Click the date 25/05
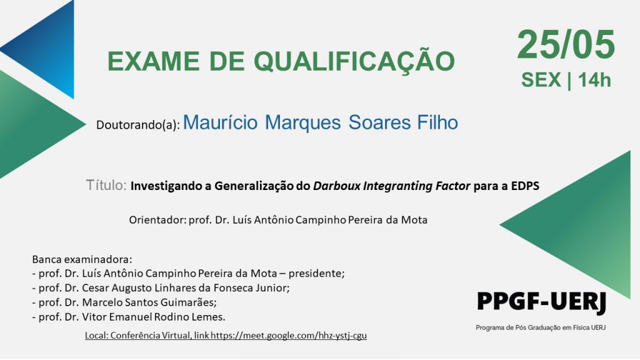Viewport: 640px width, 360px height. pos(566,44)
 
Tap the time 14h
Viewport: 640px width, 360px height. pos(594,79)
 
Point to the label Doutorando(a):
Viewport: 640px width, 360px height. pos(138,125)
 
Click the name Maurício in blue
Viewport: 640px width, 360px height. pos(221,122)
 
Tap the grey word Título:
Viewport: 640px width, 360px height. pos(106,185)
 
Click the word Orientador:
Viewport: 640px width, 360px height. pos(157,220)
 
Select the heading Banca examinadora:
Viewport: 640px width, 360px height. pos(82,259)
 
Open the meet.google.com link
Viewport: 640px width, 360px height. pos(289,336)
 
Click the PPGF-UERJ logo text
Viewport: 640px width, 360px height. pos(541,302)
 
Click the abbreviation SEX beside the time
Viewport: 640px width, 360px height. pos(541,79)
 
